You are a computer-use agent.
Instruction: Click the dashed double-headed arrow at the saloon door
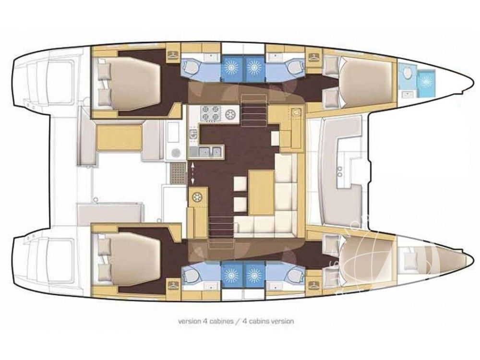[x=192, y=174]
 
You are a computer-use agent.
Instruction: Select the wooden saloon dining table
[x=261, y=193]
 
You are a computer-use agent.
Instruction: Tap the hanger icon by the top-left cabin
[x=172, y=55]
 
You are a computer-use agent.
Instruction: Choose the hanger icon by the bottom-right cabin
[x=313, y=284]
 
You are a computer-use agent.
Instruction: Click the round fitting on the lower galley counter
[x=196, y=198]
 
